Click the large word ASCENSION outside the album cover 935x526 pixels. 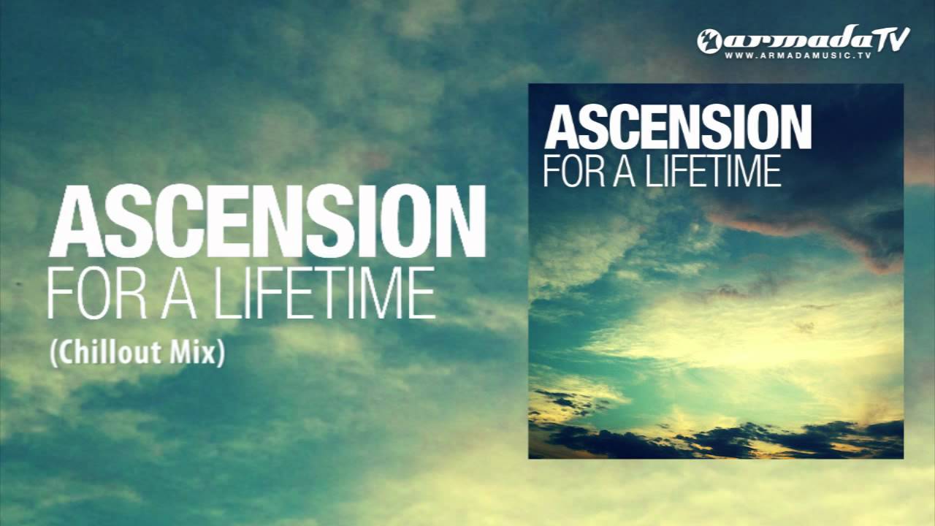266,221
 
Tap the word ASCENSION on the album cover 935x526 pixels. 677,127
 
